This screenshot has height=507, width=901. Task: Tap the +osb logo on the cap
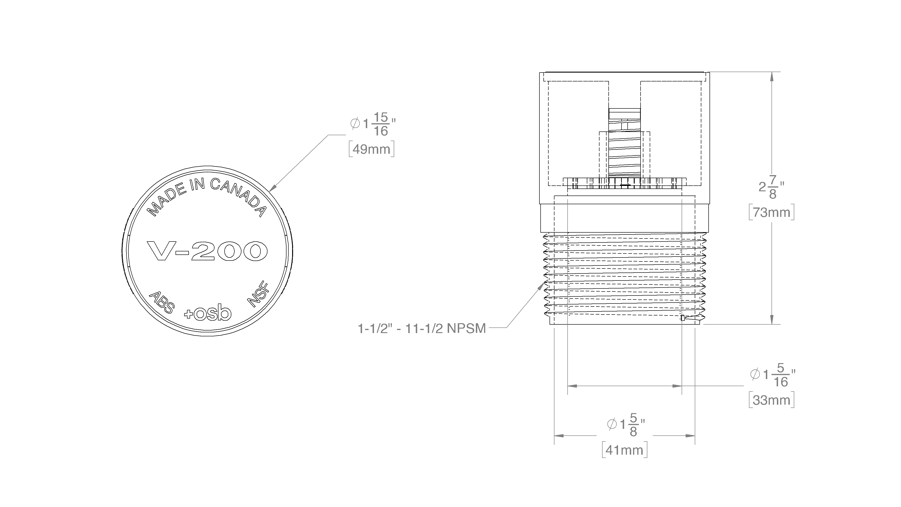click(x=208, y=312)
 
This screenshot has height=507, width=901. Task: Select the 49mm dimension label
click(x=371, y=149)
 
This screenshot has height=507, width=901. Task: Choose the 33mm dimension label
click(x=771, y=399)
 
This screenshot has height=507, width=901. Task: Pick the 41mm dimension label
click(x=625, y=450)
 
